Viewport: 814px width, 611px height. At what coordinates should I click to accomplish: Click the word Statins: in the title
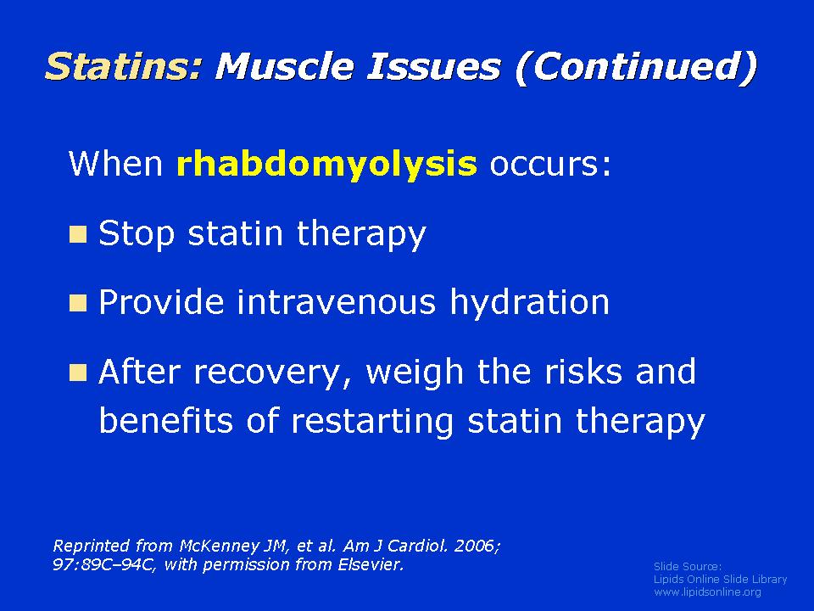pyautogui.click(x=123, y=66)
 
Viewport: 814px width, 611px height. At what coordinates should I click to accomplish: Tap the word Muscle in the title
pyautogui.click(x=285, y=66)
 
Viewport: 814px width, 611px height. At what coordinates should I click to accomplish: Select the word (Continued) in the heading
pyautogui.click(x=635, y=67)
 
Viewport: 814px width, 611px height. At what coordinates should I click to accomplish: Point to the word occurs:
pyautogui.click(x=550, y=164)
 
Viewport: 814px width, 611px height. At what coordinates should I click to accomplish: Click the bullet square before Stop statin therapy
pyautogui.click(x=78, y=234)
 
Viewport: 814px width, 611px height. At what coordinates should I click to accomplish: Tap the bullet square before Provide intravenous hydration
pyautogui.click(x=78, y=303)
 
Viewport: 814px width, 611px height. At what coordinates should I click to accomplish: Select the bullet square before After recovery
pyautogui.click(x=78, y=373)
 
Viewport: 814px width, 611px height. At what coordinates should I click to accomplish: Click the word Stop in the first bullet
pyautogui.click(x=137, y=234)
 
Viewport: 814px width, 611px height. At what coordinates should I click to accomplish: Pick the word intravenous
pyautogui.click(x=336, y=301)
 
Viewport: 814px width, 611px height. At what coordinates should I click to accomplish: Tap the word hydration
pyautogui.click(x=529, y=301)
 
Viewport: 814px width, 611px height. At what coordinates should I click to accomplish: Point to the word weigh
pyautogui.click(x=415, y=372)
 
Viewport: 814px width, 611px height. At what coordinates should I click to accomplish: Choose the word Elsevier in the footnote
pyautogui.click(x=371, y=565)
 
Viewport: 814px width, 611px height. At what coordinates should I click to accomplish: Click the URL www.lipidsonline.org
pyautogui.click(x=707, y=592)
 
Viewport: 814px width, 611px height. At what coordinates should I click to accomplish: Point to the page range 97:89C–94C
pyautogui.click(x=103, y=565)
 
